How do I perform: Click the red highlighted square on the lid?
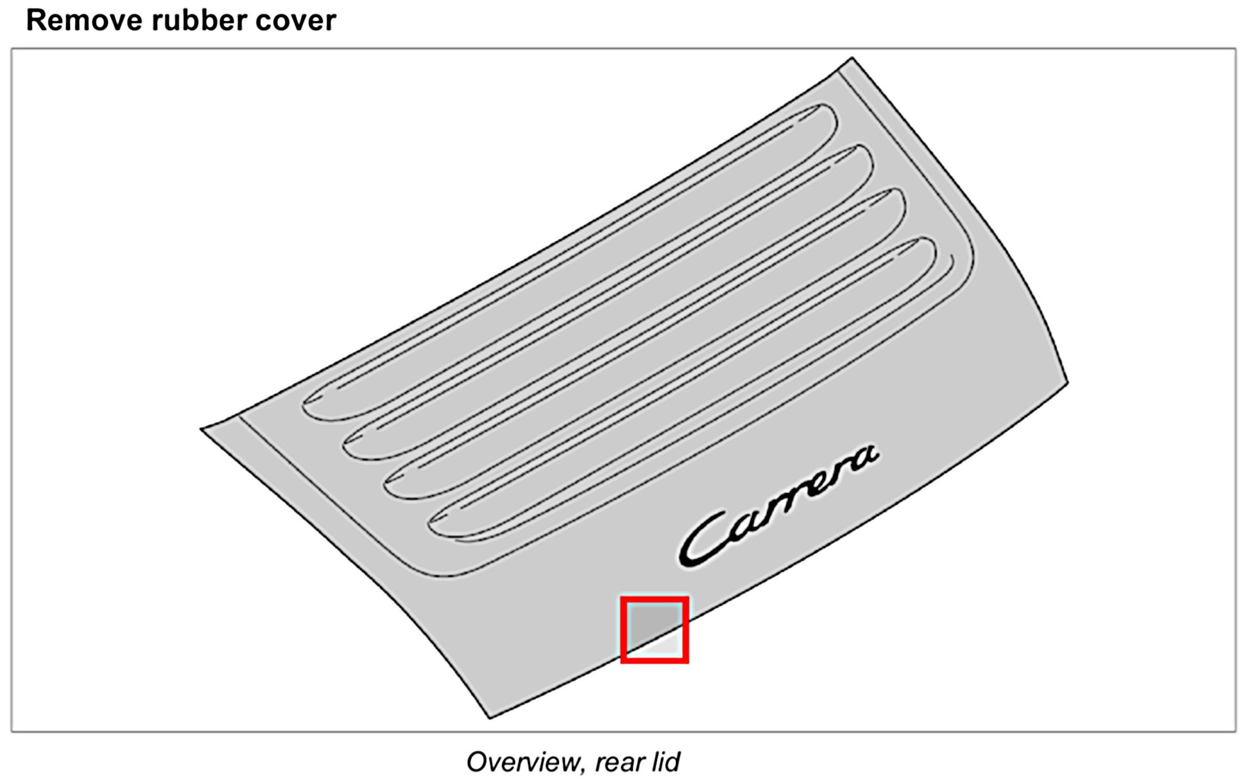[x=654, y=629]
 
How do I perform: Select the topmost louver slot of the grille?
[x=569, y=262]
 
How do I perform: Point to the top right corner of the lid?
[x=851, y=59]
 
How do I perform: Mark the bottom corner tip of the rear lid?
[x=489, y=717]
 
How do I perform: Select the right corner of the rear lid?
[x=1067, y=382]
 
